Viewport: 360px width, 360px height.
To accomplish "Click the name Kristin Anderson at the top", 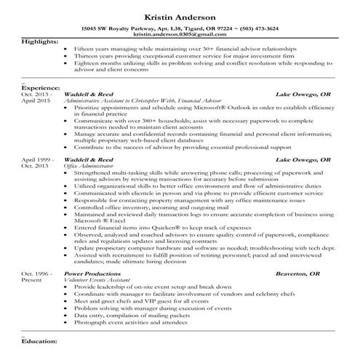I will pos(180,15).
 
